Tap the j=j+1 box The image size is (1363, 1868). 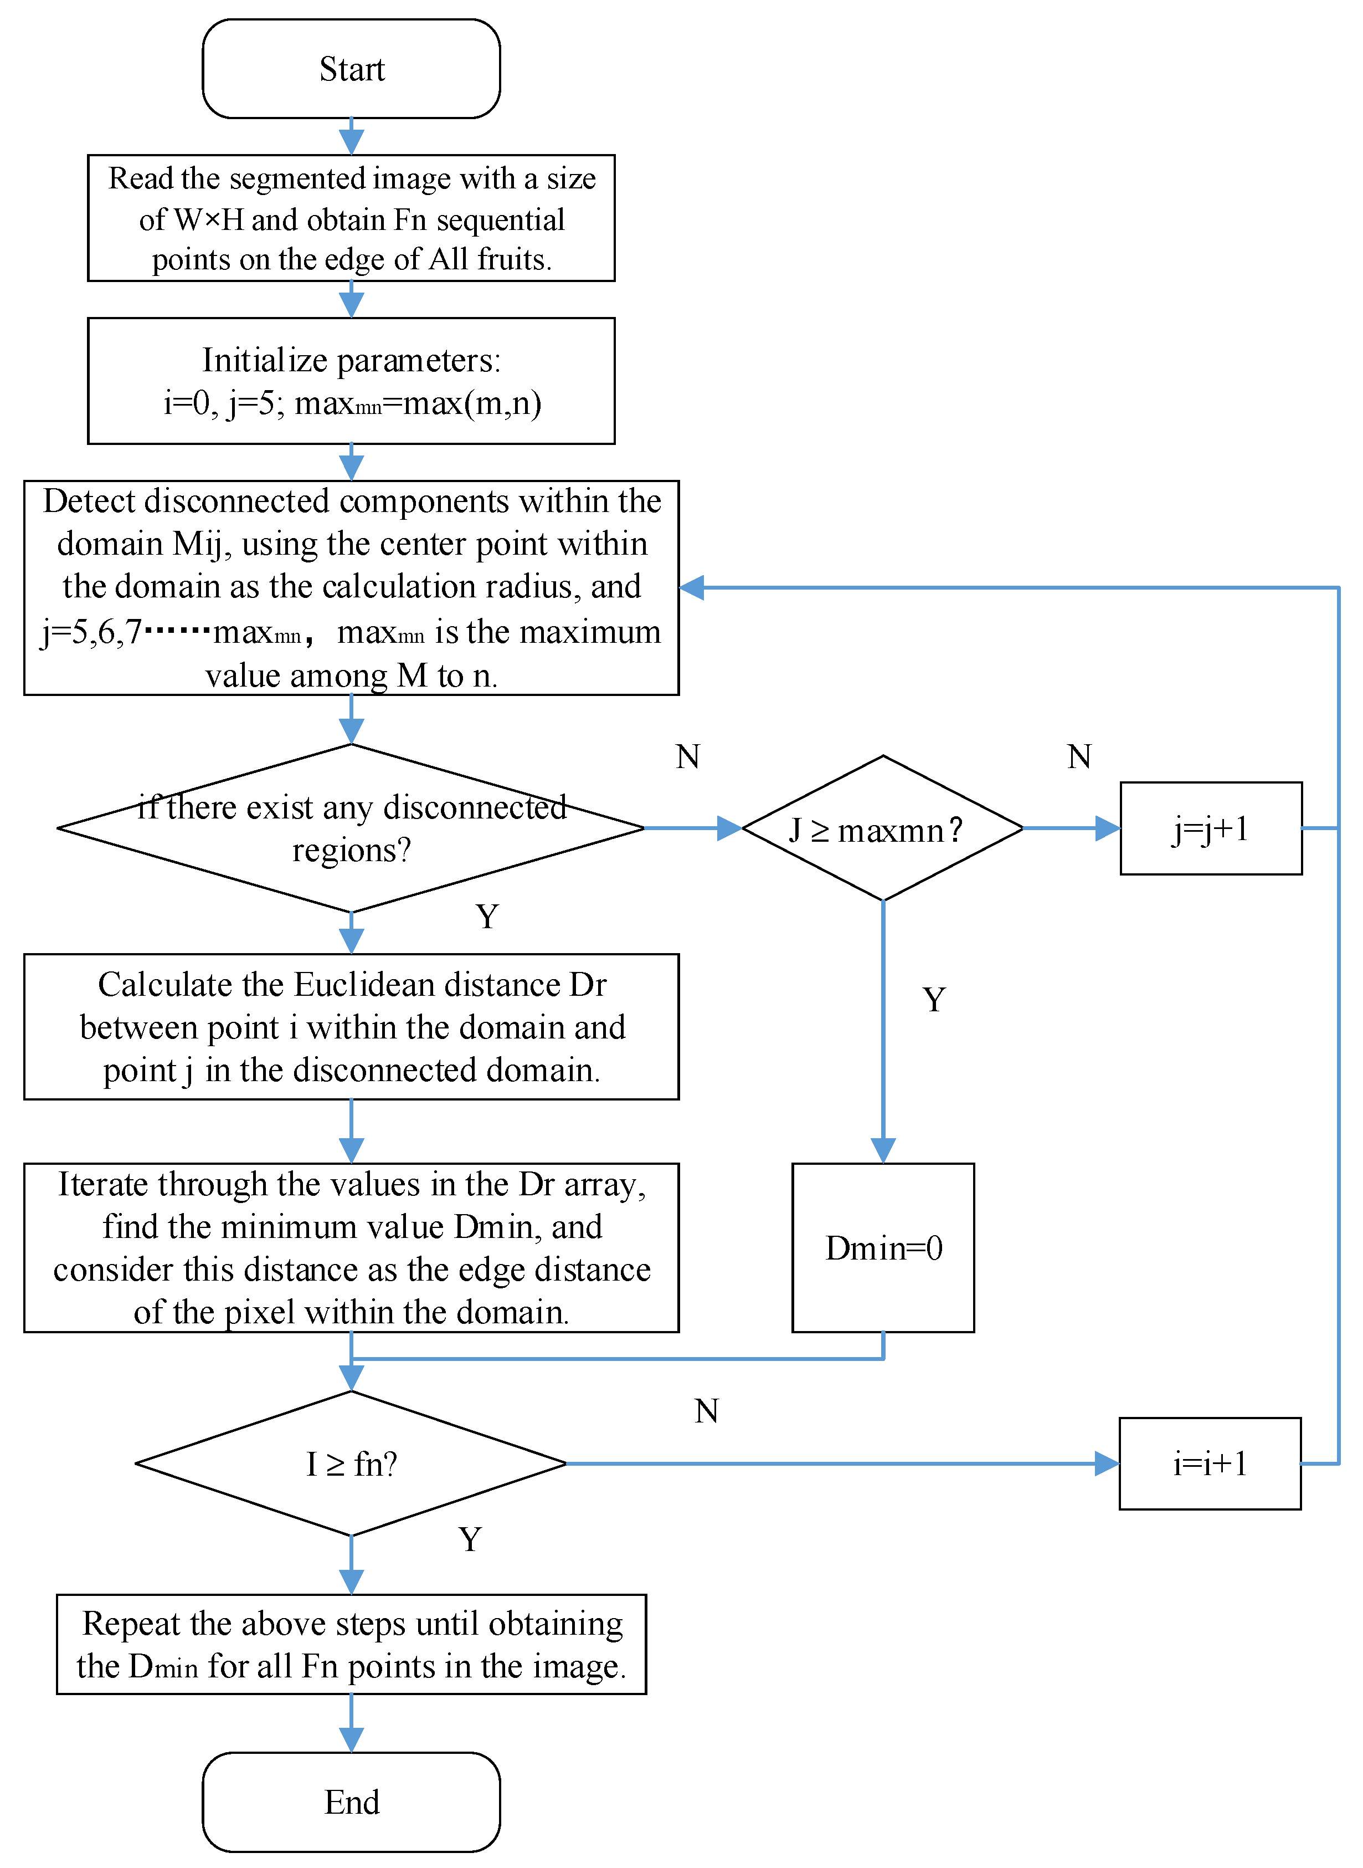(1210, 828)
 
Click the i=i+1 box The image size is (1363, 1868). (1210, 1463)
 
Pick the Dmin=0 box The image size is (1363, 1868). (883, 1247)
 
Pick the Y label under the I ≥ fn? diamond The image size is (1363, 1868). (470, 1539)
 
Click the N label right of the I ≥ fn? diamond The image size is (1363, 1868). (706, 1411)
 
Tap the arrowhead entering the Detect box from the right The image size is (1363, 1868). (691, 588)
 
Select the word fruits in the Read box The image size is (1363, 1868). (512, 259)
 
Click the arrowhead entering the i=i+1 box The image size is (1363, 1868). (1107, 1463)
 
